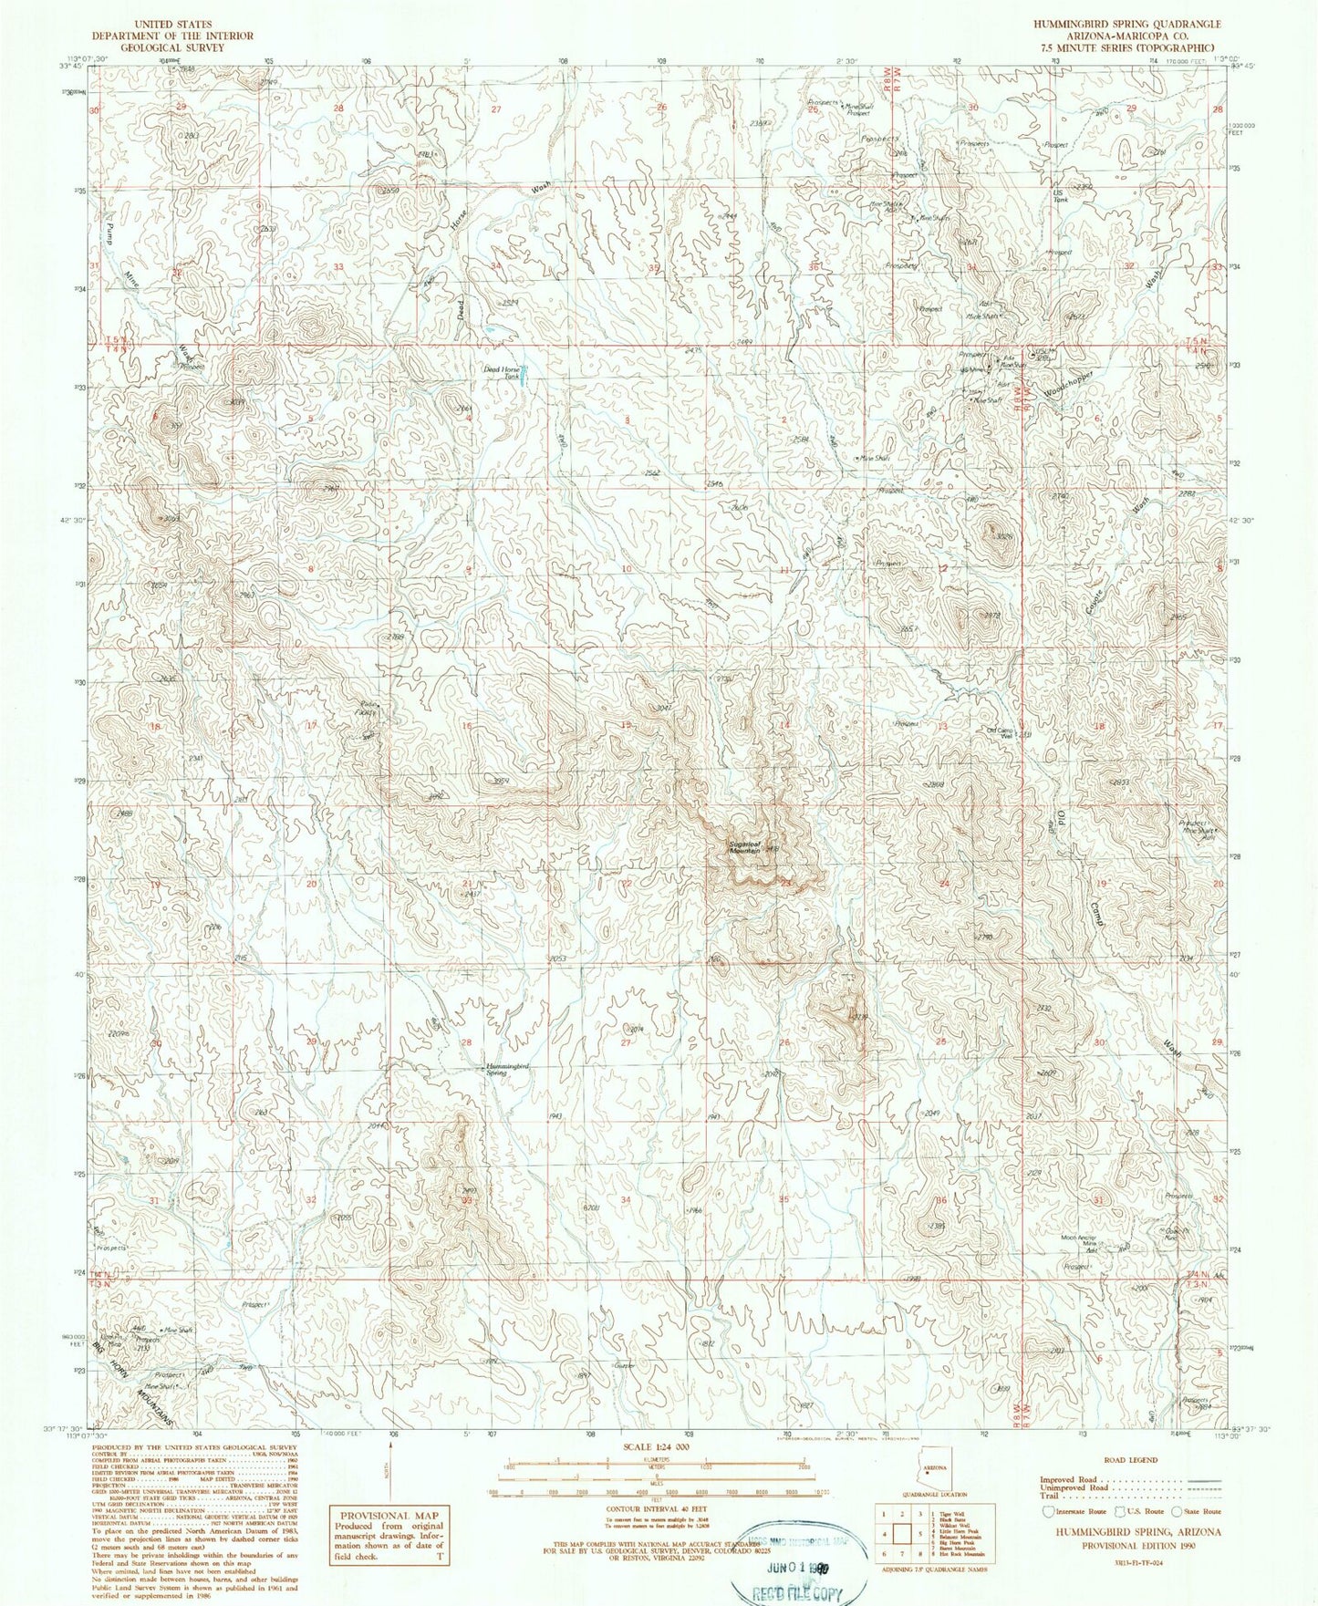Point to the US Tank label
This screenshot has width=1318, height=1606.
tap(1060, 197)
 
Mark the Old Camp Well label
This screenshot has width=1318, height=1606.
tap(1001, 733)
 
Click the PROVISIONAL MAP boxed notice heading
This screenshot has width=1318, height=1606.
tap(387, 1515)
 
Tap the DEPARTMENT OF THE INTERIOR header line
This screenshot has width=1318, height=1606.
tap(172, 36)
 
